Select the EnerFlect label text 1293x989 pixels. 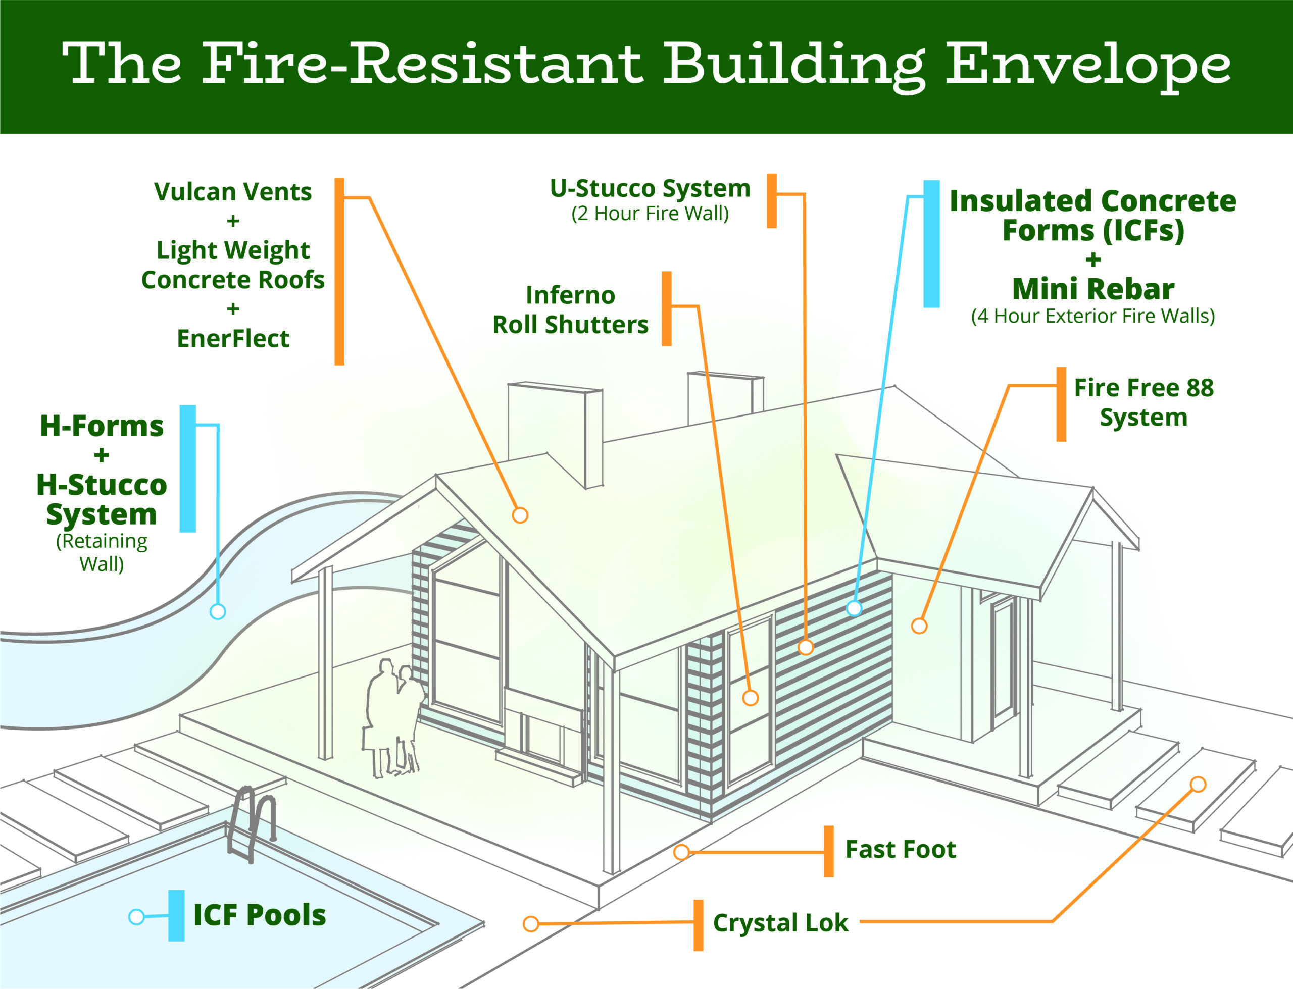[x=233, y=338]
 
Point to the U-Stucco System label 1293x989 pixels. [x=650, y=189]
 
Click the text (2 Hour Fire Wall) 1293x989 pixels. [x=650, y=213]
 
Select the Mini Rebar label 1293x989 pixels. [x=1093, y=289]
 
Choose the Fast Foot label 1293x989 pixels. [x=900, y=850]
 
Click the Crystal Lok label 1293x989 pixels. [x=780, y=923]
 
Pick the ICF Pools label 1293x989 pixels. [x=259, y=915]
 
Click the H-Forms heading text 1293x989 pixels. [x=102, y=426]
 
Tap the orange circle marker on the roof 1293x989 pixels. [x=520, y=515]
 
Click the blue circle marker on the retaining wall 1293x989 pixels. [x=218, y=612]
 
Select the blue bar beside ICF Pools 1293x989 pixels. [x=176, y=915]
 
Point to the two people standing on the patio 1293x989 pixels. [x=393, y=718]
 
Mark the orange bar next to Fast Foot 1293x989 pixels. [x=828, y=851]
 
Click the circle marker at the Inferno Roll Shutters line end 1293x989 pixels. [x=750, y=698]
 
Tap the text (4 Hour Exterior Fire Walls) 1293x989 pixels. [x=1093, y=316]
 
